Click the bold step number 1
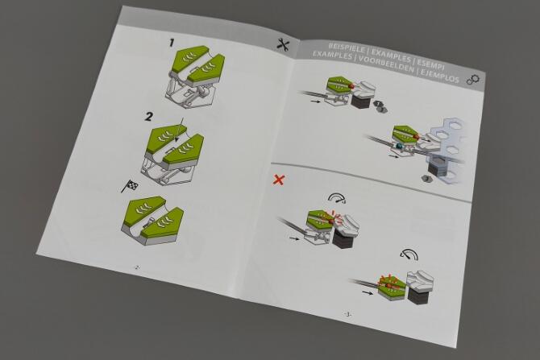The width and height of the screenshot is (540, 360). click(x=172, y=43)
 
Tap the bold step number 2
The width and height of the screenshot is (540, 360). click(x=148, y=117)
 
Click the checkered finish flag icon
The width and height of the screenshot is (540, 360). click(x=130, y=186)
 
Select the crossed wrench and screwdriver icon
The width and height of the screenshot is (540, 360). click(x=283, y=44)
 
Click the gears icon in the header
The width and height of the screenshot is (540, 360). click(x=473, y=80)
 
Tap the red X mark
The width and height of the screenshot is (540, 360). click(x=279, y=180)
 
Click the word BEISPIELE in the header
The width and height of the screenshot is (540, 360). click(x=346, y=48)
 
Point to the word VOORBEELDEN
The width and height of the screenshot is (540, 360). click(x=386, y=64)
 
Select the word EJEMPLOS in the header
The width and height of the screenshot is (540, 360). click(x=440, y=77)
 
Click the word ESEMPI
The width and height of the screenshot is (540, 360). click(x=430, y=64)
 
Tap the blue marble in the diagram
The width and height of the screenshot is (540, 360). click(x=400, y=146)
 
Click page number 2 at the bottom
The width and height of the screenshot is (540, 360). click(x=137, y=267)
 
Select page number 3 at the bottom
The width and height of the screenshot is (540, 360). click(x=348, y=314)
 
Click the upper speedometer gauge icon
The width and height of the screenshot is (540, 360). click(x=337, y=197)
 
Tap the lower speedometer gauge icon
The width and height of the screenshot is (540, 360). click(x=409, y=254)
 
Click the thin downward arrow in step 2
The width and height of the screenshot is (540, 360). click(x=180, y=130)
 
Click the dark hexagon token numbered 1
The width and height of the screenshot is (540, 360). click(x=378, y=103)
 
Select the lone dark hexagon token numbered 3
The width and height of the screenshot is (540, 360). click(x=427, y=179)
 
